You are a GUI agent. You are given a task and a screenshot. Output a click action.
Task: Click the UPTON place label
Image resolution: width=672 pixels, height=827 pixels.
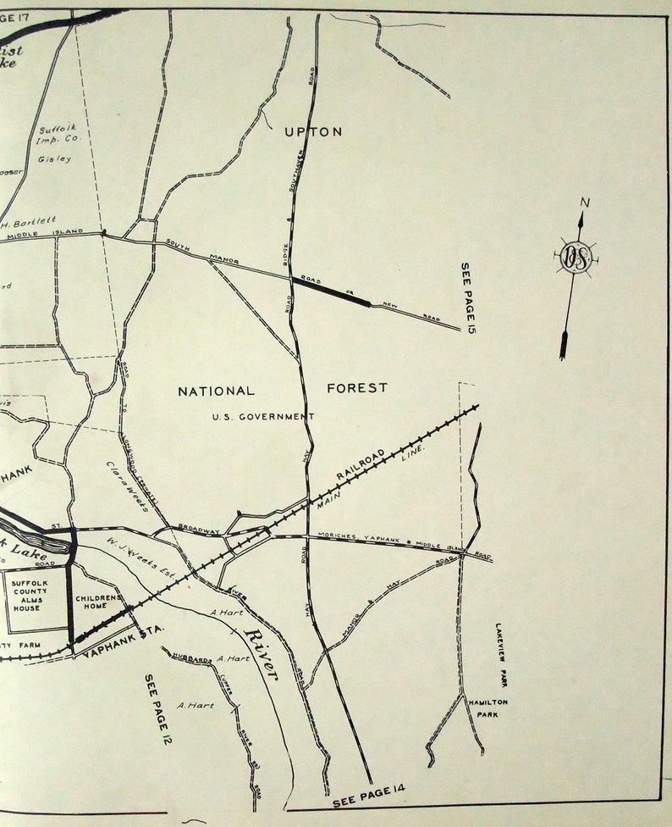[313, 131]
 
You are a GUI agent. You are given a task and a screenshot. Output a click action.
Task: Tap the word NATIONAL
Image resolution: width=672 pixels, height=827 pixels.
[216, 391]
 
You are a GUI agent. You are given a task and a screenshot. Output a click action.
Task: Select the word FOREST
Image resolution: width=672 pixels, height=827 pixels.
[357, 388]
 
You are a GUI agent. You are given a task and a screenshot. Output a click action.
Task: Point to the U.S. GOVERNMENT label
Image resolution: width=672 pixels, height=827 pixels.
[263, 416]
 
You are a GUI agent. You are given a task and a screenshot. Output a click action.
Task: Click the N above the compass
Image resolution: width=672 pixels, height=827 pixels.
[583, 203]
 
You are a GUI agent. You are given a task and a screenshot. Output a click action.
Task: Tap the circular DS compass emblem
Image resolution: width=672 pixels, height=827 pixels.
[576, 258]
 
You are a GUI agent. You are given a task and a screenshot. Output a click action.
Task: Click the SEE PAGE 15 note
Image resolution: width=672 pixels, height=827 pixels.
[466, 297]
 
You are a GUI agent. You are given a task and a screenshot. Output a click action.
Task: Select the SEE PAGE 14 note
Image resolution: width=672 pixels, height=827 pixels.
[369, 796]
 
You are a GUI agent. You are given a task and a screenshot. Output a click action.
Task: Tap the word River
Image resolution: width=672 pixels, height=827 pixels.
[262, 653]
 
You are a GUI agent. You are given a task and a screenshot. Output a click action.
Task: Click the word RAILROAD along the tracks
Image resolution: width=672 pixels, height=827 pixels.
[360, 467]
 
